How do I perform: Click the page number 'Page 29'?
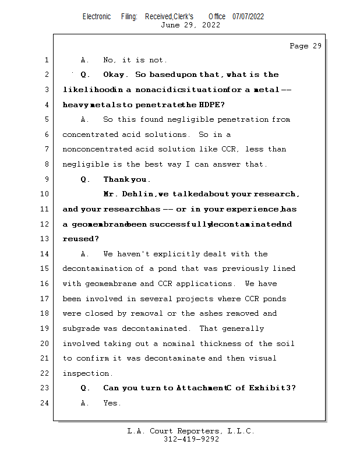pyautogui.click(x=305, y=46)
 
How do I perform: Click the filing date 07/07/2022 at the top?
pyautogui.click(x=248, y=16)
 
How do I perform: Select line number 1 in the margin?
pyautogui.click(x=46, y=60)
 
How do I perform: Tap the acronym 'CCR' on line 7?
pyautogui.click(x=230, y=149)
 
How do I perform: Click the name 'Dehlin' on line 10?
pyautogui.click(x=139, y=194)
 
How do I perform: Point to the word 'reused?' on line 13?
pyautogui.click(x=80, y=239)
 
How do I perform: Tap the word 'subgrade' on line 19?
pyautogui.click(x=82, y=329)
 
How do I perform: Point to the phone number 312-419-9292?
pyautogui.click(x=191, y=439)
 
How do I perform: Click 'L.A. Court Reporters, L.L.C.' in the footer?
pyautogui.click(x=191, y=431)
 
